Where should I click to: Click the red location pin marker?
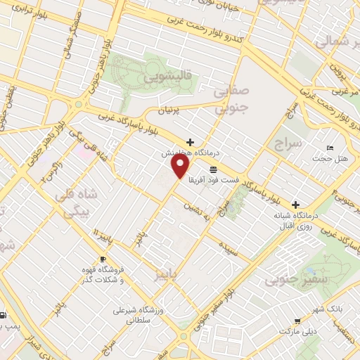pyautogui.click(x=181, y=166)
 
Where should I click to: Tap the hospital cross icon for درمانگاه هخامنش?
pyautogui.click(x=190, y=141)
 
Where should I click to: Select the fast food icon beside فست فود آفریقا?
pyautogui.click(x=213, y=169)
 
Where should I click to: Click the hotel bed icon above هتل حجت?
pyautogui.click(x=330, y=148)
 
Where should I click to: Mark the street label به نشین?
pyautogui.click(x=197, y=210)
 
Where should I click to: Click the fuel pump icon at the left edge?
pyautogui.click(x=3, y=315)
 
